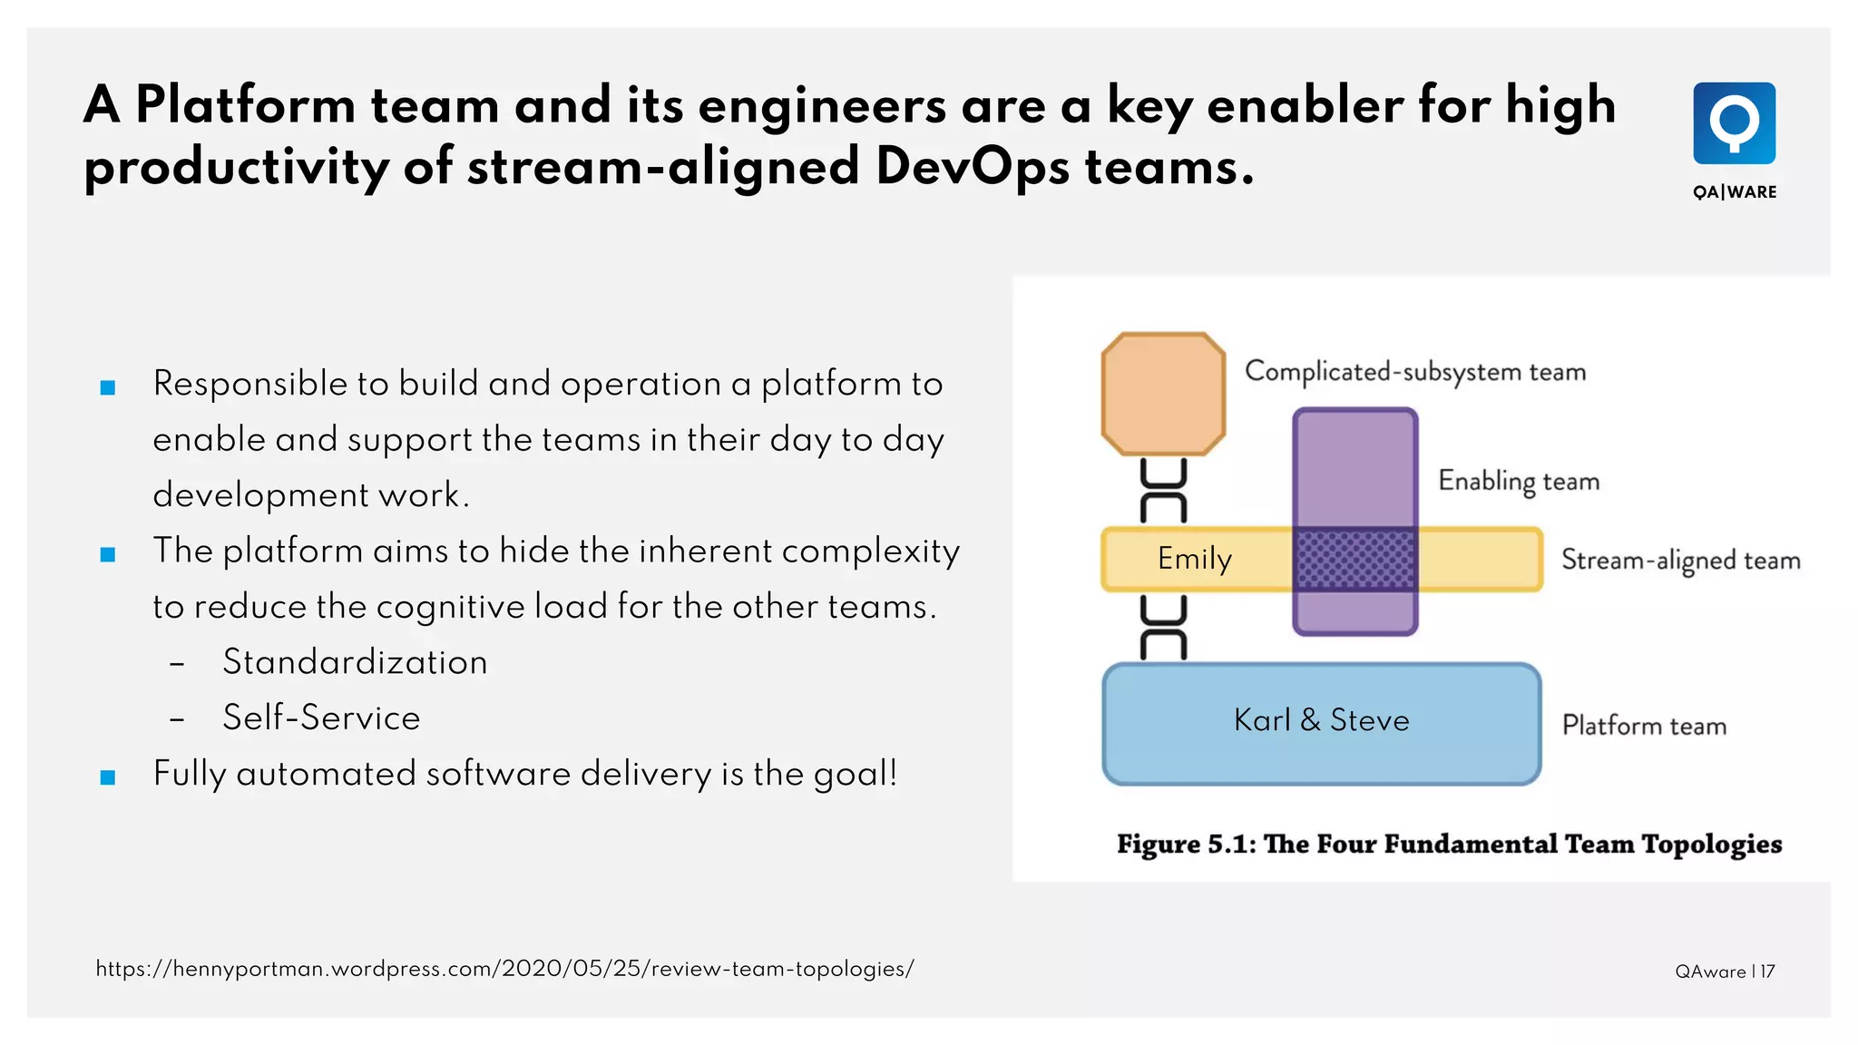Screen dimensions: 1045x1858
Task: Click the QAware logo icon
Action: click(1734, 123)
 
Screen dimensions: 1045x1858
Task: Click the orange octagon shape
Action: click(1163, 394)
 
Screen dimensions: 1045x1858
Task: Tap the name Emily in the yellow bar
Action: click(1194, 559)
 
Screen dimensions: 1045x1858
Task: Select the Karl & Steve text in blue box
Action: click(1321, 720)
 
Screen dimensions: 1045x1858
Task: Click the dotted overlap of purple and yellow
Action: click(1355, 560)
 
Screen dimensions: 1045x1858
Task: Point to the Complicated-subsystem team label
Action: click(1414, 372)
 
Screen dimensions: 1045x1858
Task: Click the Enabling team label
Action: click(1518, 481)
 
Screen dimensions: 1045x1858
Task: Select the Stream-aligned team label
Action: click(1680, 561)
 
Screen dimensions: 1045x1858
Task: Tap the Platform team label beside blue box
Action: click(1643, 726)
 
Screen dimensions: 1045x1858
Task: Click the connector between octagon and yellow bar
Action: click(1163, 491)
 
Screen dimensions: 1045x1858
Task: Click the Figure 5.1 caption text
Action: click(1449, 845)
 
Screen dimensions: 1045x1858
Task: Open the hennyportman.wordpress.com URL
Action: click(504, 969)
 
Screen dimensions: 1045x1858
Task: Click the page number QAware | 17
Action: click(1724, 972)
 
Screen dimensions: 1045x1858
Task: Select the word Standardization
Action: click(355, 662)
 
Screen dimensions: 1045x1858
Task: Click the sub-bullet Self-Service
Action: click(321, 718)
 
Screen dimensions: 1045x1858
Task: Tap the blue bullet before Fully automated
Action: click(108, 776)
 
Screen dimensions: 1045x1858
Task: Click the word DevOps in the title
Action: click(972, 167)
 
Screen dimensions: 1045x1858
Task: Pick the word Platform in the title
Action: click(245, 105)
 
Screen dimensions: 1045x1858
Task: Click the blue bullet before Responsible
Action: click(108, 387)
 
